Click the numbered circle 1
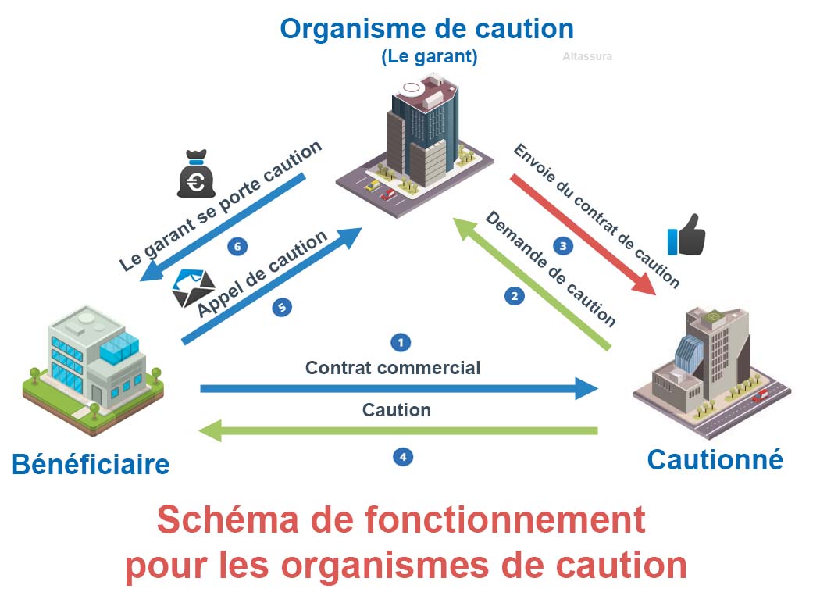click(x=401, y=342)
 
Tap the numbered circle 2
click(x=513, y=296)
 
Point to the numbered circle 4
click(x=402, y=456)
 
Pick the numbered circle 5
click(x=282, y=308)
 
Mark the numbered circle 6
click(x=238, y=247)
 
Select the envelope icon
click(x=191, y=286)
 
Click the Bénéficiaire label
click(x=91, y=465)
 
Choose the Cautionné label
click(x=715, y=460)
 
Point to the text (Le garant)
click(x=429, y=57)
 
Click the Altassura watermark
click(x=587, y=56)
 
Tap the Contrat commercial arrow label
click(x=393, y=367)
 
